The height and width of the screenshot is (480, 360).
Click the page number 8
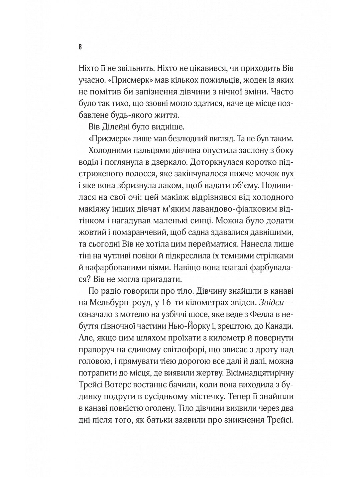click(x=80, y=47)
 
